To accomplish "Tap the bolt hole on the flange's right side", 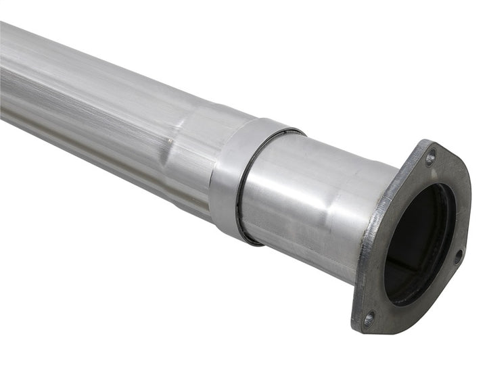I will point(458,255).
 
